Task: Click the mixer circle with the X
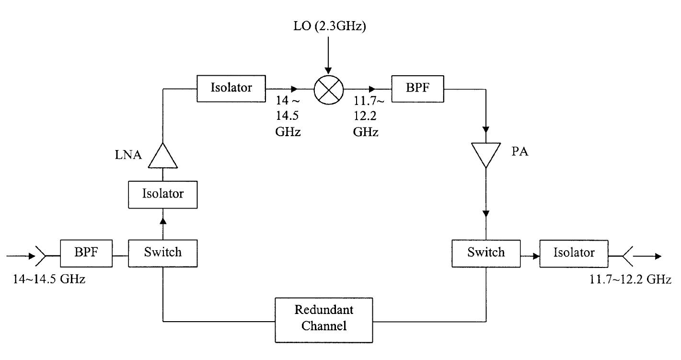click(329, 89)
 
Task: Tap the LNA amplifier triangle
click(162, 156)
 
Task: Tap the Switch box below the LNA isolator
click(163, 253)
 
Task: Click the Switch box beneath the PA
click(486, 253)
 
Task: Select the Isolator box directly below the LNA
click(163, 194)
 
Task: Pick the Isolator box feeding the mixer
click(231, 88)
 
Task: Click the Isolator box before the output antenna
click(574, 253)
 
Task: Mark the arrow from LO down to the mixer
click(329, 55)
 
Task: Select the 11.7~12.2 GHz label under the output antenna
click(630, 279)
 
